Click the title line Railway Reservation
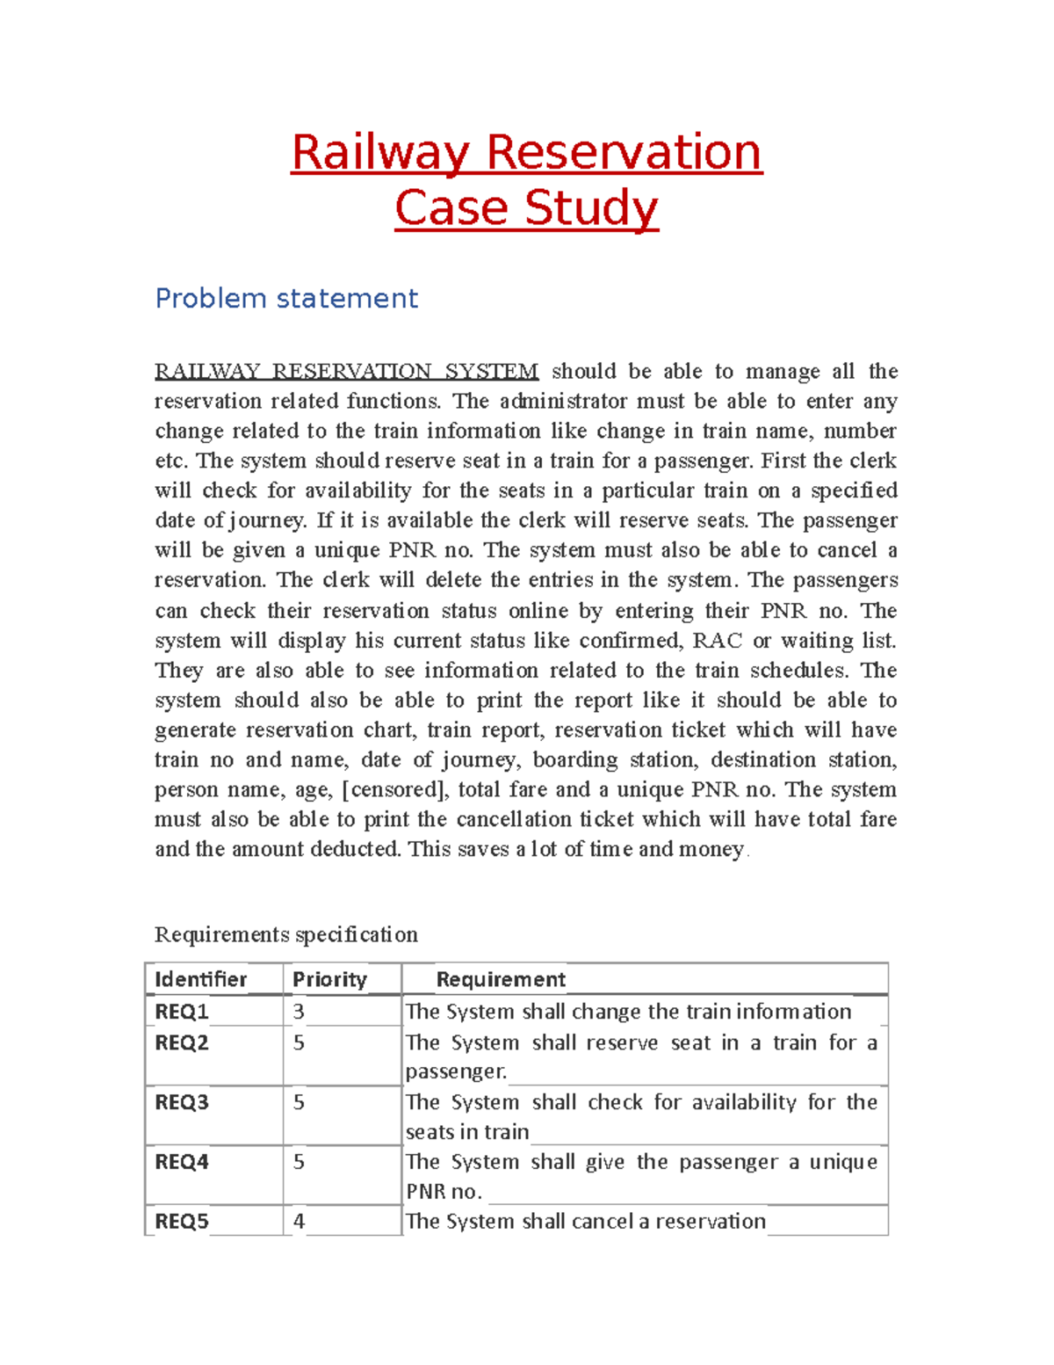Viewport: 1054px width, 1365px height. pyautogui.click(x=526, y=152)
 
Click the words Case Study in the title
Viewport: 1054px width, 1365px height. pyautogui.click(x=526, y=208)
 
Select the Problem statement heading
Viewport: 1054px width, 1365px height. pyautogui.click(x=286, y=299)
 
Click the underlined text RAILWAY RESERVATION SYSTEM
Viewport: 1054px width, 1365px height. pyautogui.click(x=346, y=371)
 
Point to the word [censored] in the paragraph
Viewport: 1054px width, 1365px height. pyautogui.click(x=395, y=789)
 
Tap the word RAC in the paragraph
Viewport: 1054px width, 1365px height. pyautogui.click(x=717, y=640)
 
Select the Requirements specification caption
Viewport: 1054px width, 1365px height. pyautogui.click(x=286, y=933)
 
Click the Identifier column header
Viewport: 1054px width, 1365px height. pyautogui.click(x=200, y=979)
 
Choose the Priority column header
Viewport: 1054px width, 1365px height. pyautogui.click(x=329, y=979)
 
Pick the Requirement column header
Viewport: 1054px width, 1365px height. pyautogui.click(x=501, y=979)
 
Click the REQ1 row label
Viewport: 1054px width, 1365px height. pyautogui.click(x=182, y=1012)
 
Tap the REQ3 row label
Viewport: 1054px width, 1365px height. pyautogui.click(x=182, y=1102)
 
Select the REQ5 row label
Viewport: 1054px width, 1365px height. pyautogui.click(x=182, y=1222)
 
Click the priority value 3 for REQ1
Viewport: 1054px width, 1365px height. pyautogui.click(x=299, y=1012)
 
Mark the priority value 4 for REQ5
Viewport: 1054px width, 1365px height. pyautogui.click(x=299, y=1222)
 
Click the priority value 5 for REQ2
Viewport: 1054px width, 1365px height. pyautogui.click(x=299, y=1043)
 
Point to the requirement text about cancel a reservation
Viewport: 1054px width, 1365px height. pyautogui.click(x=586, y=1222)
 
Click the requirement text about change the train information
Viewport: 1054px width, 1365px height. pyautogui.click(x=628, y=1012)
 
